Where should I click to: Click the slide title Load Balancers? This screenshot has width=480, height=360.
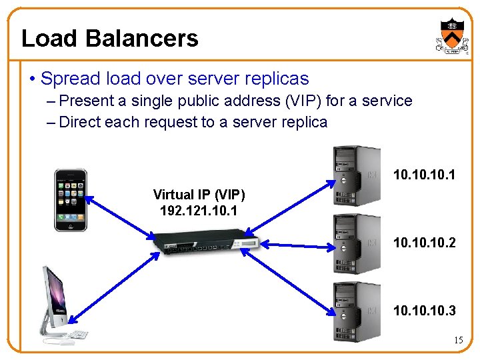pos(109,38)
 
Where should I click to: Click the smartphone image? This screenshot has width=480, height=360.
pos(70,200)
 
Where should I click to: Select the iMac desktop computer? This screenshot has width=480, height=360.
pos(59,304)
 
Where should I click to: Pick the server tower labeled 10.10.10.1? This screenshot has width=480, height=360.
pos(357,176)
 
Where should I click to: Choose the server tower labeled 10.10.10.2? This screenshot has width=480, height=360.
pos(357,243)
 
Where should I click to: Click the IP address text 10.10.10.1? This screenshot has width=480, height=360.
pos(424,175)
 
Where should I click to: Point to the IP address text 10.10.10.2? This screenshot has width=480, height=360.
pos(424,243)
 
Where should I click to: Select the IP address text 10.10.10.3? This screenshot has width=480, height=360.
pos(424,311)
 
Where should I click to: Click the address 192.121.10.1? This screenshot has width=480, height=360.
pos(199,210)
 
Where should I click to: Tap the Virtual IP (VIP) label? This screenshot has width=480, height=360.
pos(199,195)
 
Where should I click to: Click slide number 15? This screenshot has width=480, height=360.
pos(458,341)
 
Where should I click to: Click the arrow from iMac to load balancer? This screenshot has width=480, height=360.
pos(110,283)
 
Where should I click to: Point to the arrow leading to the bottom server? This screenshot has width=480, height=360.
pos(293,281)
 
